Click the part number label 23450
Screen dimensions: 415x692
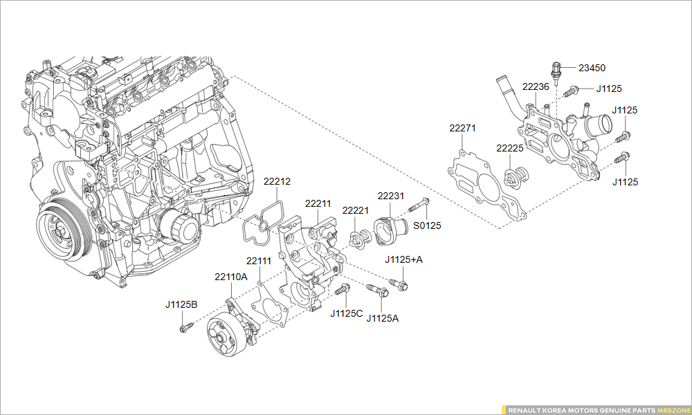[592, 68]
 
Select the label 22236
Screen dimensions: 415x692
[536, 86]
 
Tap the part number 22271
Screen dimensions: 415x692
[462, 128]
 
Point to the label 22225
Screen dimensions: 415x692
[509, 148]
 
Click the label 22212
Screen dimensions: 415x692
[277, 181]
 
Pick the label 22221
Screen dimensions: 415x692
[356, 209]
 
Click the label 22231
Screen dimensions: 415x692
[390, 196]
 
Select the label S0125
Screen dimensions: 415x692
[427, 225]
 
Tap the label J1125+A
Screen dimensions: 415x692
[403, 259]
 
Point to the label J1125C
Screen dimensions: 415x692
[347, 313]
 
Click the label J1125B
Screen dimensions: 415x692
[181, 304]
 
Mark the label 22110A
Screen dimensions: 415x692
[230, 277]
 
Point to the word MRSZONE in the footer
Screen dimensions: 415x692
[672, 410]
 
